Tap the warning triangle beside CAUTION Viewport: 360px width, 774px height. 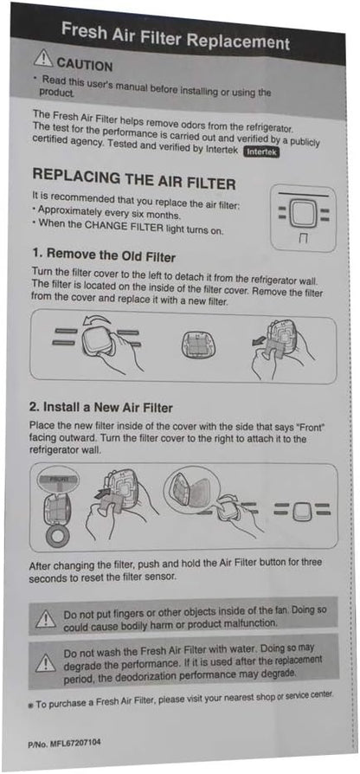pos(43,59)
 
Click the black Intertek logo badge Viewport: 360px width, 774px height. pos(261,152)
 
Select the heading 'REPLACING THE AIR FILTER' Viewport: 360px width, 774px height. pos(133,179)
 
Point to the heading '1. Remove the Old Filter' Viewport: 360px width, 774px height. pos(104,255)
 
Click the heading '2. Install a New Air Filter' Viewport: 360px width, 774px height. pos(100,408)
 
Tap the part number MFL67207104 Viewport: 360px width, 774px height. pos(64,743)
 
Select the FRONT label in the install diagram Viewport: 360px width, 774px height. pos(58,479)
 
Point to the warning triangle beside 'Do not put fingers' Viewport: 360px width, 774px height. pos(45,618)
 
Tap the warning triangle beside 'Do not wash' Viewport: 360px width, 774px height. pos(45,662)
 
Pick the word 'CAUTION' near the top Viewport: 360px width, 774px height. pos(84,64)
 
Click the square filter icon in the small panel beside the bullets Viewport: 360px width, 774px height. pos(303,214)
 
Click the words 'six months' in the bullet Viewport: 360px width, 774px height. pos(158,216)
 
